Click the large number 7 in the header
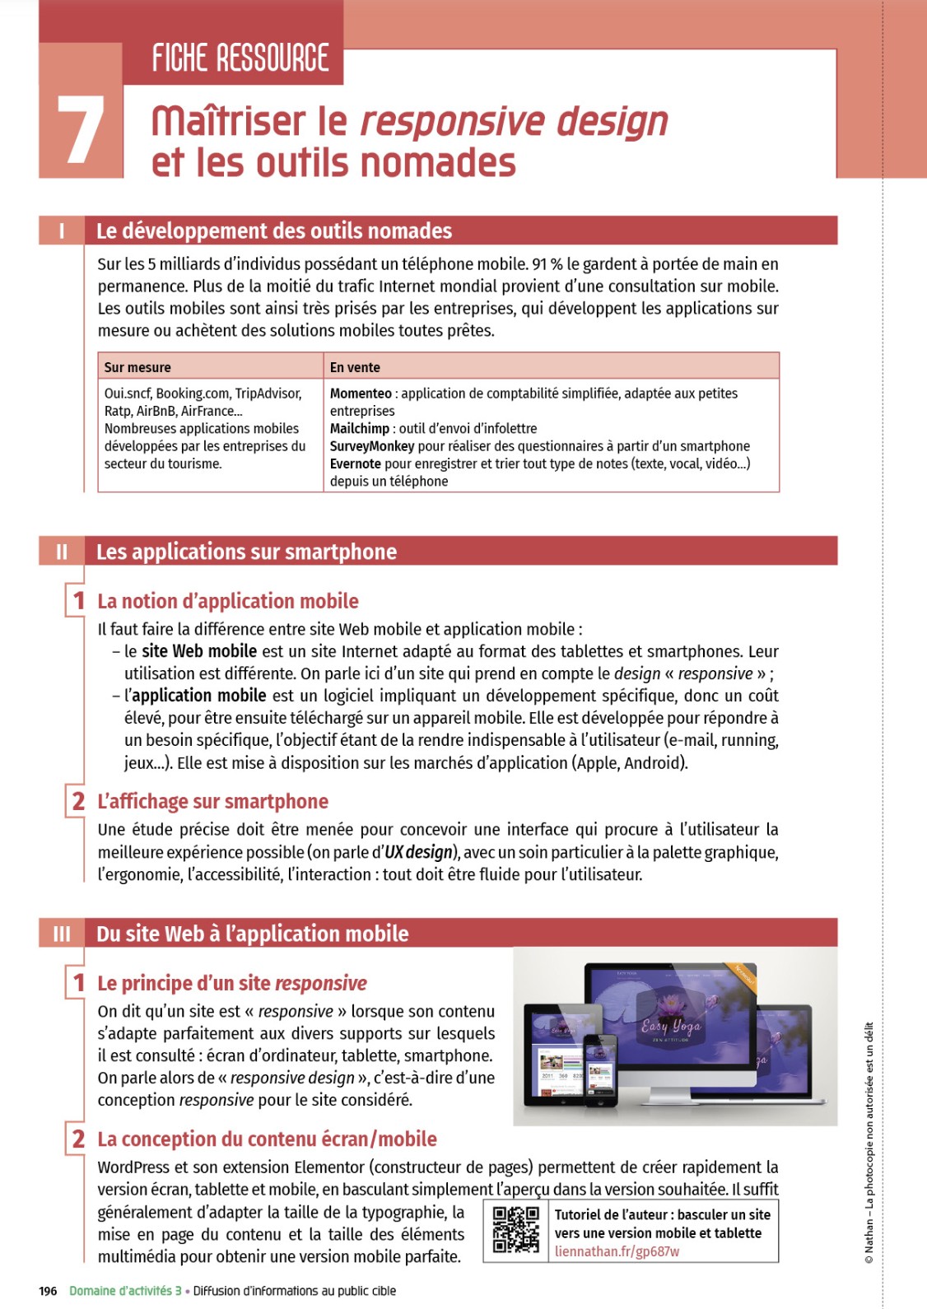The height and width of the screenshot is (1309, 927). [x=81, y=130]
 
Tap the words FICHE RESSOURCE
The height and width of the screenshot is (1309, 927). [x=240, y=58]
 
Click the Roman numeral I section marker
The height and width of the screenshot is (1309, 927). [x=62, y=231]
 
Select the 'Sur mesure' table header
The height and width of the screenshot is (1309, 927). [x=137, y=367]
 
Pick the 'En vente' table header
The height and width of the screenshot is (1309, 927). [x=355, y=367]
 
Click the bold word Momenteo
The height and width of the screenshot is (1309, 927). [x=361, y=394]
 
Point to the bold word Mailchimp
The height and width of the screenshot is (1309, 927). [x=359, y=428]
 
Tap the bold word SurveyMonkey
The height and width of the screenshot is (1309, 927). [x=372, y=446]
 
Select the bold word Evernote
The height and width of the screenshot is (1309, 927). [x=356, y=464]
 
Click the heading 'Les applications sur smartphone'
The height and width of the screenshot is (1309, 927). [x=246, y=552]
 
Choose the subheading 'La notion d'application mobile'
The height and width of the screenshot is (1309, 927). [x=228, y=601]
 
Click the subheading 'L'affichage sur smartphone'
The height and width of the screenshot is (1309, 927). [x=212, y=801]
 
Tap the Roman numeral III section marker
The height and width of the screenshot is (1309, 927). [x=62, y=934]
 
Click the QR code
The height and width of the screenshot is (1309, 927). [x=515, y=1230]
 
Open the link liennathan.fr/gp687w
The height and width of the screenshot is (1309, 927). [x=617, y=1251]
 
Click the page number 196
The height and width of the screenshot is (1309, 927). [x=48, y=1291]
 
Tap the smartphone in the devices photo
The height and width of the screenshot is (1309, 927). [x=600, y=1069]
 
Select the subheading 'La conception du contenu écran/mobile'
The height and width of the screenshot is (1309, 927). [x=267, y=1139]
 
